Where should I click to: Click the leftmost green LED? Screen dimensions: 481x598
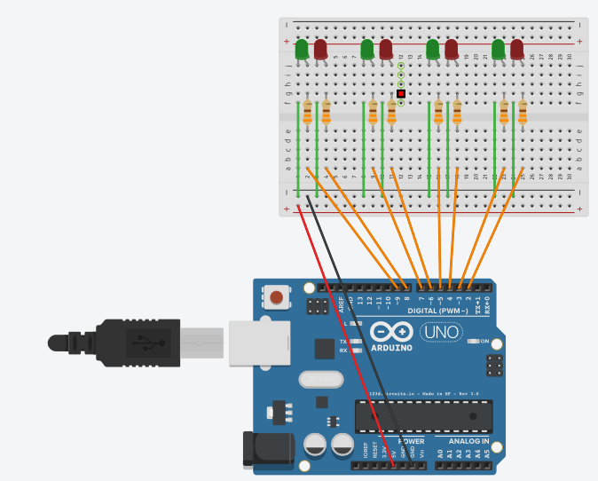(x=302, y=49)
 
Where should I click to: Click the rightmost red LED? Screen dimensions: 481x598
(x=517, y=49)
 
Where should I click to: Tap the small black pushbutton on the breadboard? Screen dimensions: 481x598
(x=401, y=93)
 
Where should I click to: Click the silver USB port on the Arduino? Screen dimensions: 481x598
(x=260, y=343)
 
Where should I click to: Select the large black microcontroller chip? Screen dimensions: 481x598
(x=424, y=416)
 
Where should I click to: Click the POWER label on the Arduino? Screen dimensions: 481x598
(x=412, y=441)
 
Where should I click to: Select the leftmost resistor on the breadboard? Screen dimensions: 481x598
(x=307, y=112)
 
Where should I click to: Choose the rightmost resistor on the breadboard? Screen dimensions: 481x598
(x=523, y=112)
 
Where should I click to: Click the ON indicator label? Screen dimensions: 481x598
(x=484, y=341)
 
